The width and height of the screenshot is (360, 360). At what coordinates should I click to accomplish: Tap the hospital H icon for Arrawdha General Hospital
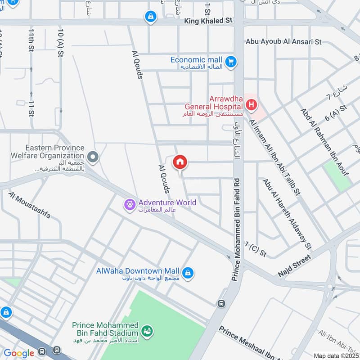pos(251,106)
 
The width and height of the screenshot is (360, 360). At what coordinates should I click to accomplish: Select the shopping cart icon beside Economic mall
pos(231,61)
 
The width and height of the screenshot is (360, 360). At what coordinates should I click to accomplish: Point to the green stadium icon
pos(146,332)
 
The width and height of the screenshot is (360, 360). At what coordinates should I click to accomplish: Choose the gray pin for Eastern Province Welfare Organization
pos(93,157)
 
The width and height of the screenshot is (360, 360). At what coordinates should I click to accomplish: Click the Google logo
pos(18,353)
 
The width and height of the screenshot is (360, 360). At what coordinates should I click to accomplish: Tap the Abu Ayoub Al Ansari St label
pos(283,42)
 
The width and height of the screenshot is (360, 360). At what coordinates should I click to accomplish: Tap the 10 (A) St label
pos(60,41)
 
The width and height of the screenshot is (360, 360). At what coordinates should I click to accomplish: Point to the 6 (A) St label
pos(336,112)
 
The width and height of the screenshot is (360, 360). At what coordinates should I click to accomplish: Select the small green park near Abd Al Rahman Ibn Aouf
pos(337,175)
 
